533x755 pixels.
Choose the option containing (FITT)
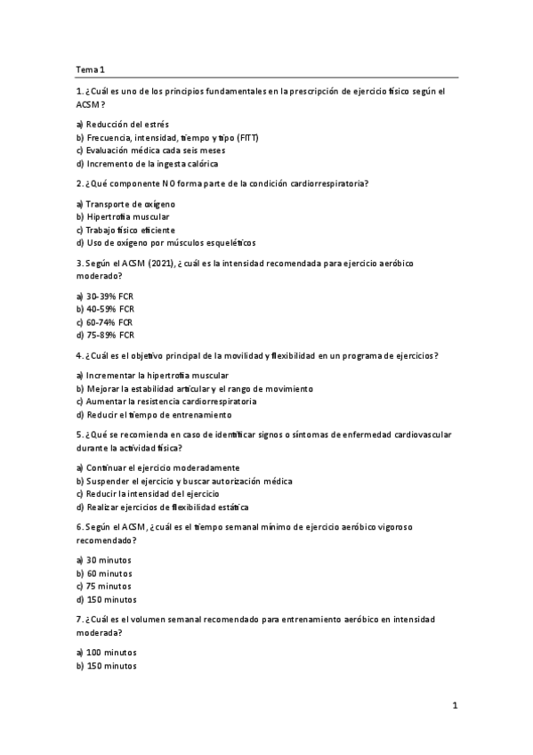point(167,138)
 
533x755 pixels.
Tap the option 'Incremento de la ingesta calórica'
point(147,164)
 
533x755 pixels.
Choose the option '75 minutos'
point(106,586)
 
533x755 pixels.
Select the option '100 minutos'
point(107,652)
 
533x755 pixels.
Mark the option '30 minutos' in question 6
point(106,560)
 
